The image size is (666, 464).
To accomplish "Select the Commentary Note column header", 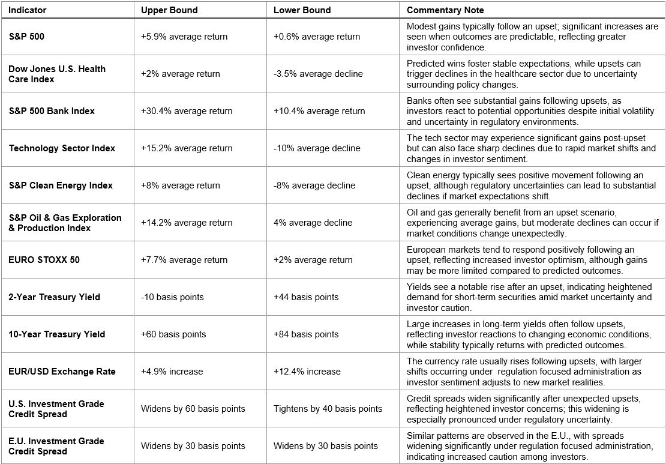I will [445, 10].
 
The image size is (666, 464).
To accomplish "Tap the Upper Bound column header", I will [169, 10].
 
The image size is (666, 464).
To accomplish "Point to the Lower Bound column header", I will [302, 10].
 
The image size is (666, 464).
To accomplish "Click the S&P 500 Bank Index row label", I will [52, 111].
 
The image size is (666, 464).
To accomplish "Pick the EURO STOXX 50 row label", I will [44, 260].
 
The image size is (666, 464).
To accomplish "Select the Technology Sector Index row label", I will [62, 148].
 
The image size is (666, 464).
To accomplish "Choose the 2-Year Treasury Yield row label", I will [54, 297].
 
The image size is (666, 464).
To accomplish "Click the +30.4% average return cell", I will [187, 111].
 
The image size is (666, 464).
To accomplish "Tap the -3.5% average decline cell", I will [318, 74].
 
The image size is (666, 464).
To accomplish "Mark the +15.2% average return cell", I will [187, 148].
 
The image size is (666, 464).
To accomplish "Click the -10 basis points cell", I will [172, 297].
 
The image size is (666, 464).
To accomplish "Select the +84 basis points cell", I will [306, 334].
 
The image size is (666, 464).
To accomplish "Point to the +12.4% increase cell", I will [307, 372].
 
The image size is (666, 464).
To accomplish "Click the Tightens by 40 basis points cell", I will [328, 409].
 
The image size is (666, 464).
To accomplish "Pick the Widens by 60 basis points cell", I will [193, 409].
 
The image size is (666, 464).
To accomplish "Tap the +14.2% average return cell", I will [187, 223].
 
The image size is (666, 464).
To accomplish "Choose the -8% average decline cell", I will [314, 185].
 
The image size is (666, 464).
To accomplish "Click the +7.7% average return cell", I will [184, 260].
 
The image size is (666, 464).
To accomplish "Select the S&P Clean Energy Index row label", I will [61, 185].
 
